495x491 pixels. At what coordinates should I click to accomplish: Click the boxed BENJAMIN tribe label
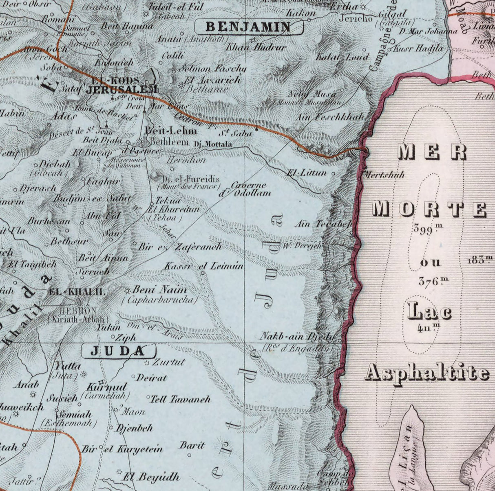[x=249, y=27]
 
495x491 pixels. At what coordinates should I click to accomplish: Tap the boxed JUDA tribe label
[x=118, y=351]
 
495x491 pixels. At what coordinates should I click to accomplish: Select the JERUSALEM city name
[x=122, y=89]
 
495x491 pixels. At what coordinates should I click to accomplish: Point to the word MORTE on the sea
[x=430, y=209]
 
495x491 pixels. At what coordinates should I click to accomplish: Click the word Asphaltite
[x=427, y=372]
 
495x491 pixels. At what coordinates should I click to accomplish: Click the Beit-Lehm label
[x=171, y=131]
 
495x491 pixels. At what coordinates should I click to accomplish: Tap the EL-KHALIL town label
[x=77, y=292]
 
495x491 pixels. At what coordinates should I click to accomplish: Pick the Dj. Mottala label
[x=212, y=144]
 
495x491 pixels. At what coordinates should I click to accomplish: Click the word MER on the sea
[x=432, y=152]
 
